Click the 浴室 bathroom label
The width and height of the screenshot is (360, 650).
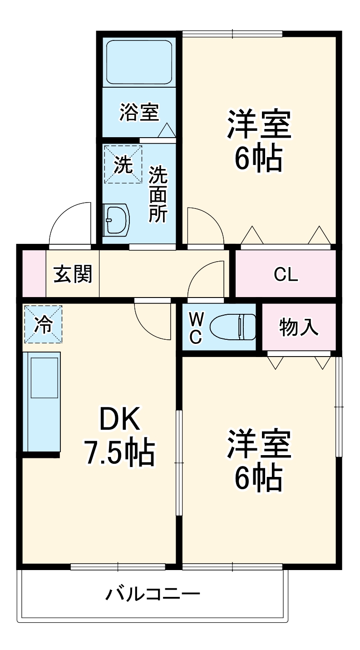pos(139,112)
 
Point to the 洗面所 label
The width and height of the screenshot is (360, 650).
pos(158,194)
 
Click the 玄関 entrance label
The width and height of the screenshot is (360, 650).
pos(73,274)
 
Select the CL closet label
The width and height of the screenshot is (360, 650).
pos(286,274)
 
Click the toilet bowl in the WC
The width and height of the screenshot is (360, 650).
pos(232,327)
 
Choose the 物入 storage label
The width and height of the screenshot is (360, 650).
pos(299,327)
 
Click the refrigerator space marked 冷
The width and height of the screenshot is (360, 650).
pos(43,324)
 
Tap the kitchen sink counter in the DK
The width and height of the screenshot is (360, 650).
pos(41,402)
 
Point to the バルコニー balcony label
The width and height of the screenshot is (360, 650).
pos(153,593)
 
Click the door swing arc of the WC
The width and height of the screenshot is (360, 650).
pos(205,279)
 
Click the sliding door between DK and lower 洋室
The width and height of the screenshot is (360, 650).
pos(179,462)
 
